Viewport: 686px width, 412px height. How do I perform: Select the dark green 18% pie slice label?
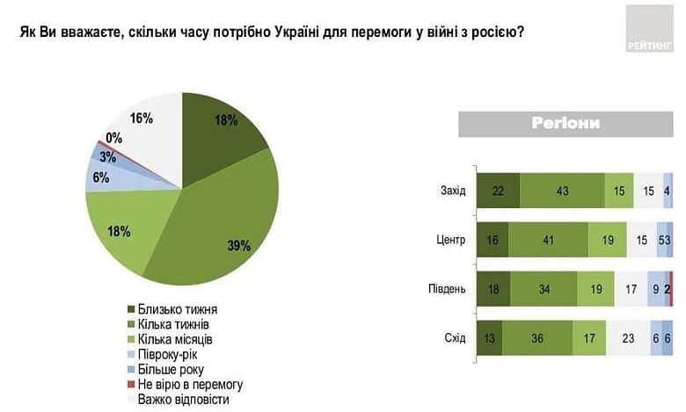pos(226,120)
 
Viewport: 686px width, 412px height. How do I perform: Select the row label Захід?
pos(452,191)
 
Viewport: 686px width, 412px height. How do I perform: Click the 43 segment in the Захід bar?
pos(562,191)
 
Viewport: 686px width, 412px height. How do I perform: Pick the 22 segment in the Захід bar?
pos(498,191)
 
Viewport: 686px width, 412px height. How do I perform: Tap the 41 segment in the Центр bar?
pos(547,240)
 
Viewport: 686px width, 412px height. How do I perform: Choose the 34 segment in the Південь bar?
pos(543,289)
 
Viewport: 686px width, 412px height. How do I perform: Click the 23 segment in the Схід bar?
pos(628,338)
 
